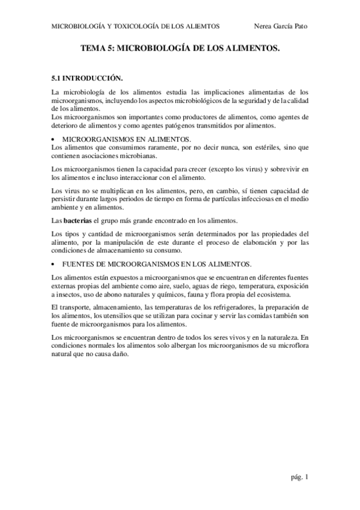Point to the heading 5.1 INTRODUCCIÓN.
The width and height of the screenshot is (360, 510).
coord(87,78)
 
